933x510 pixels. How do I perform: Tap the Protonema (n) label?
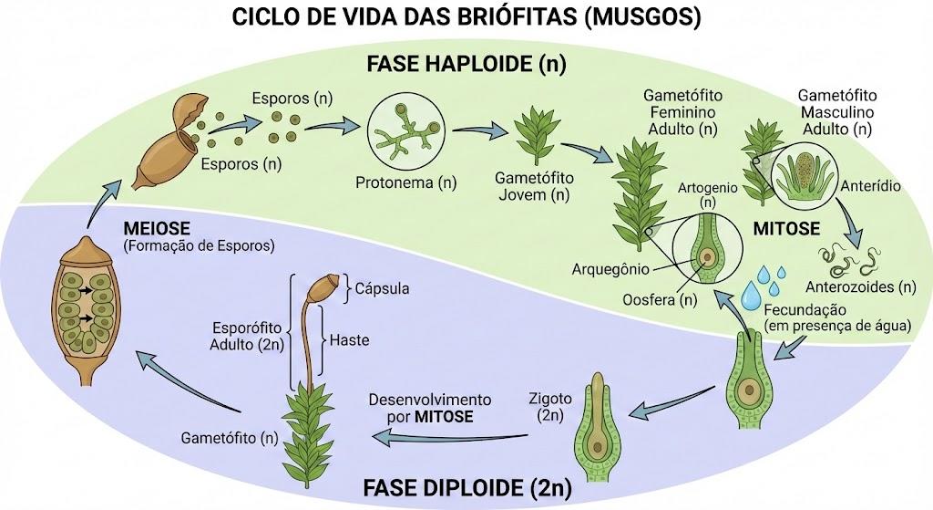pyautogui.click(x=405, y=182)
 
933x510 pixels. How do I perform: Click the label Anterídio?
pyautogui.click(x=870, y=186)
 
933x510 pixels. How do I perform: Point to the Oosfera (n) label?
pyautogui.click(x=660, y=299)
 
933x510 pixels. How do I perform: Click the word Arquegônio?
pyautogui.click(x=610, y=269)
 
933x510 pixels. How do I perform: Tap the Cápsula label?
pyautogui.click(x=382, y=288)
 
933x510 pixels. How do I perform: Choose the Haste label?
pyautogui.click(x=349, y=340)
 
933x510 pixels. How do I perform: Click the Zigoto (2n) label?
pyautogui.click(x=550, y=407)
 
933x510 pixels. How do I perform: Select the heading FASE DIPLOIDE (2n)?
pyautogui.click(x=467, y=488)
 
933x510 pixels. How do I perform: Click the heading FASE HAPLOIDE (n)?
pyautogui.click(x=466, y=63)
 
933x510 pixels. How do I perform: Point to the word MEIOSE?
pyautogui.click(x=157, y=228)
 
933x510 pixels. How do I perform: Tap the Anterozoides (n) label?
pyautogui.click(x=860, y=287)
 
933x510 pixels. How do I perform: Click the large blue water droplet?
pyautogui.click(x=751, y=295)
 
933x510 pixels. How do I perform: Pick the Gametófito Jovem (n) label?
pyautogui.click(x=534, y=186)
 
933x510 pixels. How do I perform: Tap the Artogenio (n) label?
pyautogui.click(x=707, y=195)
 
